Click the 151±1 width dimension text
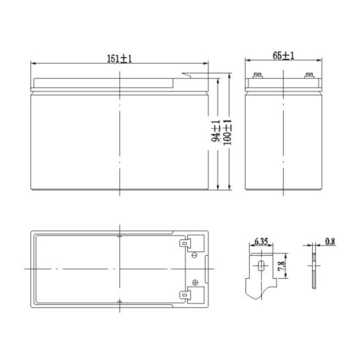(x=120, y=59)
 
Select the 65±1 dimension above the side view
(x=283, y=56)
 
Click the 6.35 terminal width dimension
(x=261, y=240)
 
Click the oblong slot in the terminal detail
(x=261, y=266)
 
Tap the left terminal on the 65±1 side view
(x=258, y=78)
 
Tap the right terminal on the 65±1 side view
(x=309, y=78)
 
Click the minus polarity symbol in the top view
(x=194, y=256)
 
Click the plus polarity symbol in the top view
(x=194, y=281)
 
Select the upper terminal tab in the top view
(x=184, y=242)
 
